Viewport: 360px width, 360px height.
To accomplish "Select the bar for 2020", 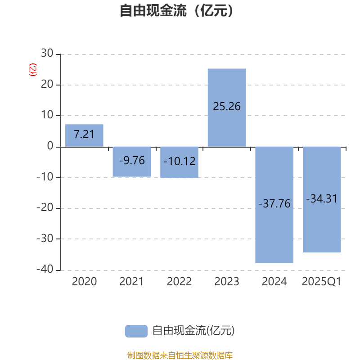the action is (x=84, y=135).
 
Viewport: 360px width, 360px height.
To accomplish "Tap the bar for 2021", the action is (x=132, y=162).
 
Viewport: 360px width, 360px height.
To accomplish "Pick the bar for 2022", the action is (x=179, y=162).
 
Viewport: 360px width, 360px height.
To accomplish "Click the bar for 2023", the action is (x=227, y=108).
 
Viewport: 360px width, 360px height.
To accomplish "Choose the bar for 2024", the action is (x=274, y=205).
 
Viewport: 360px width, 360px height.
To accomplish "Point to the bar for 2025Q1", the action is (x=322, y=199).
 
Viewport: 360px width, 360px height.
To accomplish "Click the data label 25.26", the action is (x=227, y=107).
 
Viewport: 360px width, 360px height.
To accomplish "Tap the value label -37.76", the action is (x=274, y=203).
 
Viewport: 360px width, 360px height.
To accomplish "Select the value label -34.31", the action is (x=322, y=198).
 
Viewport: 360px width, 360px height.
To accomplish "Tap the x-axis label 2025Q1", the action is (x=322, y=282).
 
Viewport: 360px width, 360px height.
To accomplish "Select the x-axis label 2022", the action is (x=179, y=282).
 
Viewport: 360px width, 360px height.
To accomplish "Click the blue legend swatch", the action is (x=136, y=331).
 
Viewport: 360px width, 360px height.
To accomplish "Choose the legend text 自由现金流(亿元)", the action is (x=193, y=331).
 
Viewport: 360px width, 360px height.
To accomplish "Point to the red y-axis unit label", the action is (x=32, y=70).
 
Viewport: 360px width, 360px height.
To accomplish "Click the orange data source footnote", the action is (x=180, y=355).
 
